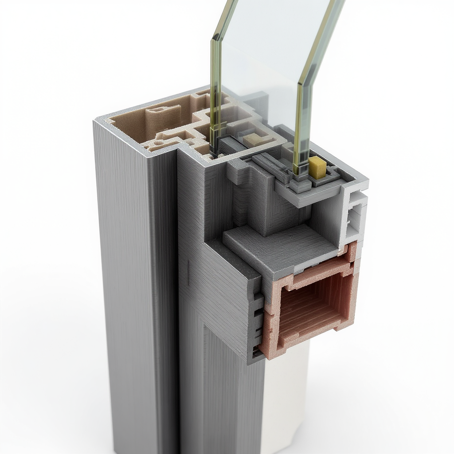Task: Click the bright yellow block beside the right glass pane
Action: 317,168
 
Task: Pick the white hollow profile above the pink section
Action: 354,217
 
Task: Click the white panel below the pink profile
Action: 284,399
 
